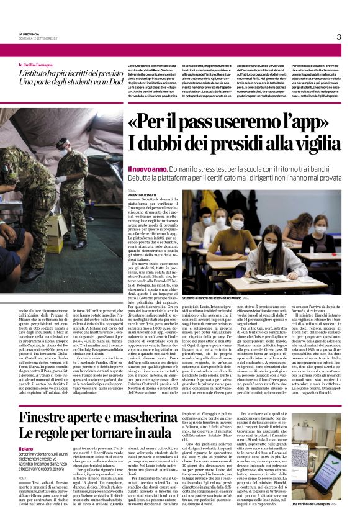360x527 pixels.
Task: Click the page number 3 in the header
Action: [339, 37]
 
